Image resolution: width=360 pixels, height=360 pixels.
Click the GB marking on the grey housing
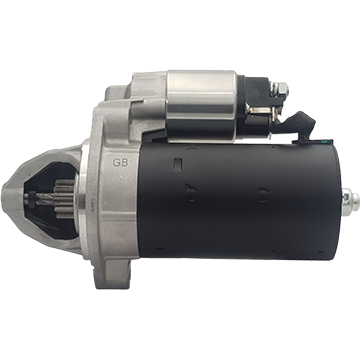click(120, 162)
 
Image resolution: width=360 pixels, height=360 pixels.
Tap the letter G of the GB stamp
click(116, 162)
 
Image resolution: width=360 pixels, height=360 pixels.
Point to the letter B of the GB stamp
click(125, 162)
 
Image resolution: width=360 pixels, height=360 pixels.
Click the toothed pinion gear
click(64, 199)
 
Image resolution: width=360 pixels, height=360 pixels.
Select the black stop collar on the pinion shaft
click(32, 199)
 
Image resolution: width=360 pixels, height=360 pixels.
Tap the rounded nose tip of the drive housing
click(7, 199)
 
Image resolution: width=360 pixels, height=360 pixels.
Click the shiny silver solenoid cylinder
click(202, 95)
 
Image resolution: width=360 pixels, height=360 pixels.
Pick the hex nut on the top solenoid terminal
click(282, 88)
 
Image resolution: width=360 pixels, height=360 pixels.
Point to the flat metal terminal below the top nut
click(263, 110)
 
